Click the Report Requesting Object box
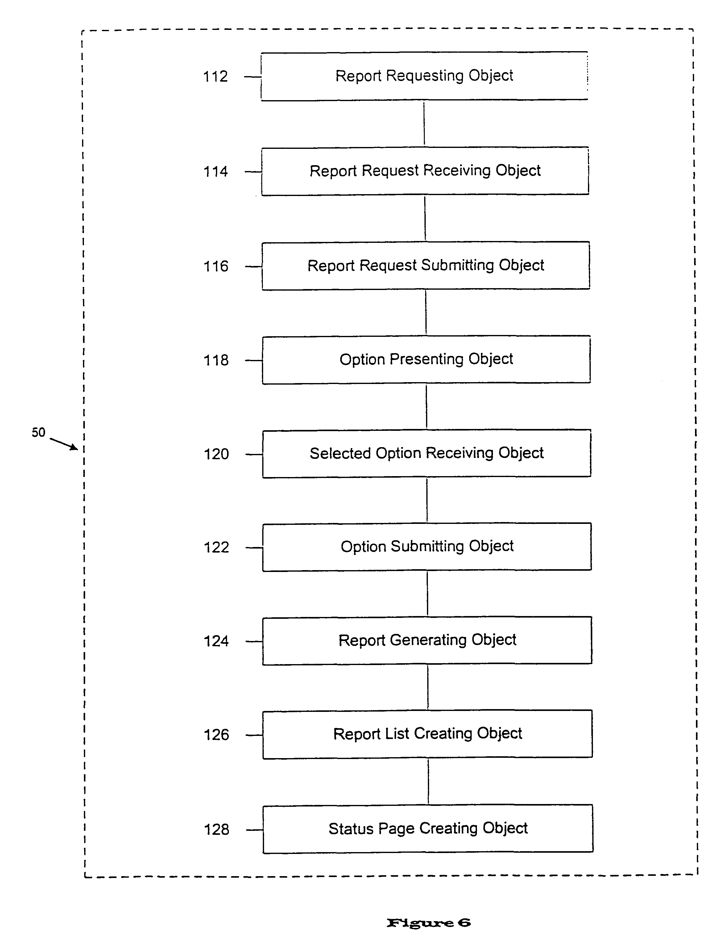tap(424, 76)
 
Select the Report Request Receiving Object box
tap(425, 171)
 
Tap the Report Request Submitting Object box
tap(426, 266)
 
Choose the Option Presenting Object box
tap(426, 360)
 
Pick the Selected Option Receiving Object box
tap(427, 453)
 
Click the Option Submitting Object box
tap(427, 547)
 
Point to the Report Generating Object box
tap(427, 641)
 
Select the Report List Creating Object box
tap(428, 734)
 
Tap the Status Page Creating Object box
tap(428, 829)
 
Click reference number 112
tap(215, 77)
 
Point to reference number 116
tap(216, 266)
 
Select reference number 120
tap(216, 454)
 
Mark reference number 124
tap(216, 641)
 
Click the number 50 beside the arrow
tap(38, 432)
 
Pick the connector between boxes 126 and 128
tap(428, 782)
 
